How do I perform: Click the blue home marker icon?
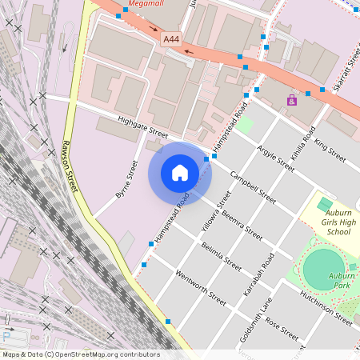pos(180,172)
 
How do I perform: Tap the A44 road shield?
pos(170,38)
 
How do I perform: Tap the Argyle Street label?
pos(275,157)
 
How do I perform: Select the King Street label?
pos(330,150)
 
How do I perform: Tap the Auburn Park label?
pos(342,280)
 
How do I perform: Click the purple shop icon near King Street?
pos(291,101)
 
